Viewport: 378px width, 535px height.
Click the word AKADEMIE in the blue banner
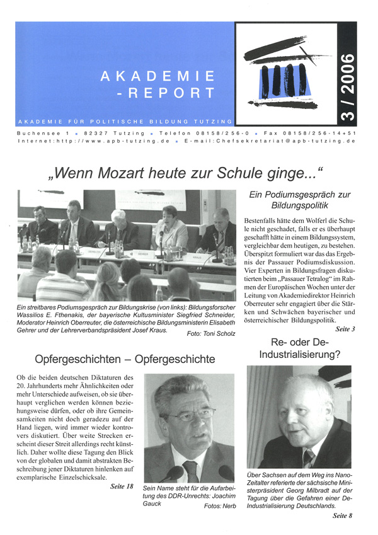point(158,76)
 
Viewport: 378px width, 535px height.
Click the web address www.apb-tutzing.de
point(117,142)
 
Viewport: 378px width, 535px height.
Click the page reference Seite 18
point(122,486)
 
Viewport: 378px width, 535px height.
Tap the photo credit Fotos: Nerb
point(219,505)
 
